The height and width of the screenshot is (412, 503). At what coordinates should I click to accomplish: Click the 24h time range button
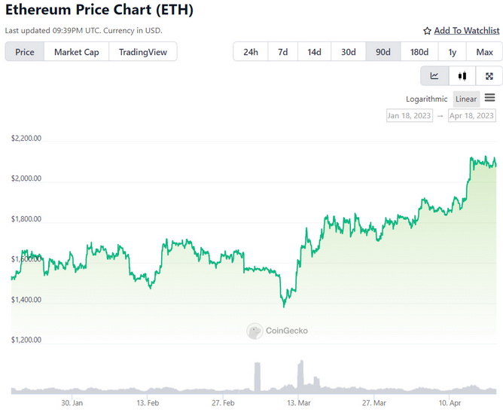[251, 52]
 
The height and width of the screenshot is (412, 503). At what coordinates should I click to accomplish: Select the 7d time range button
[282, 52]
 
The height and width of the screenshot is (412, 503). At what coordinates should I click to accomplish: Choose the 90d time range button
[383, 52]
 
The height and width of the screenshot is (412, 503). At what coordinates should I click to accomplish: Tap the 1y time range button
[452, 52]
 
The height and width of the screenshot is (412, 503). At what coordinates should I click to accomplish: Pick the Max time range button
[484, 52]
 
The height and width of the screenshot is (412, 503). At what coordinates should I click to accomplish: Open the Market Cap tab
[76, 52]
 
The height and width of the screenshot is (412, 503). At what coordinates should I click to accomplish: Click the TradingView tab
[143, 52]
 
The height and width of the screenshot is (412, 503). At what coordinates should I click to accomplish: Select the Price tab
[25, 52]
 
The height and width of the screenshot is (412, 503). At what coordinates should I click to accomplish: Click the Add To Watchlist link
[461, 31]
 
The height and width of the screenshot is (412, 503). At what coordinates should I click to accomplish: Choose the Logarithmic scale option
[426, 99]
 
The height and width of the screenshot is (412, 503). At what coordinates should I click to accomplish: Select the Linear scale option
[466, 99]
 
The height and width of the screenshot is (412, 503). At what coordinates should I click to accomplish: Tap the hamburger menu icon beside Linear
[490, 98]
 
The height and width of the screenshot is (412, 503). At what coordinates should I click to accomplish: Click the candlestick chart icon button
[462, 75]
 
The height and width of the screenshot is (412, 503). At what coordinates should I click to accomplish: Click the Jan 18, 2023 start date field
[410, 116]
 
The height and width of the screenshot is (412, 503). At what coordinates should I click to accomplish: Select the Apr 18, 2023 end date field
[471, 116]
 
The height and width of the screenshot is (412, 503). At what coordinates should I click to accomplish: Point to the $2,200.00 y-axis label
[26, 139]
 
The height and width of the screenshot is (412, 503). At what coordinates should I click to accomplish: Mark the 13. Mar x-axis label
[299, 403]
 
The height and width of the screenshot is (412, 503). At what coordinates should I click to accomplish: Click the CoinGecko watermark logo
[277, 331]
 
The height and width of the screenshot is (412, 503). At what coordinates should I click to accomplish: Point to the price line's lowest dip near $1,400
[284, 306]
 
